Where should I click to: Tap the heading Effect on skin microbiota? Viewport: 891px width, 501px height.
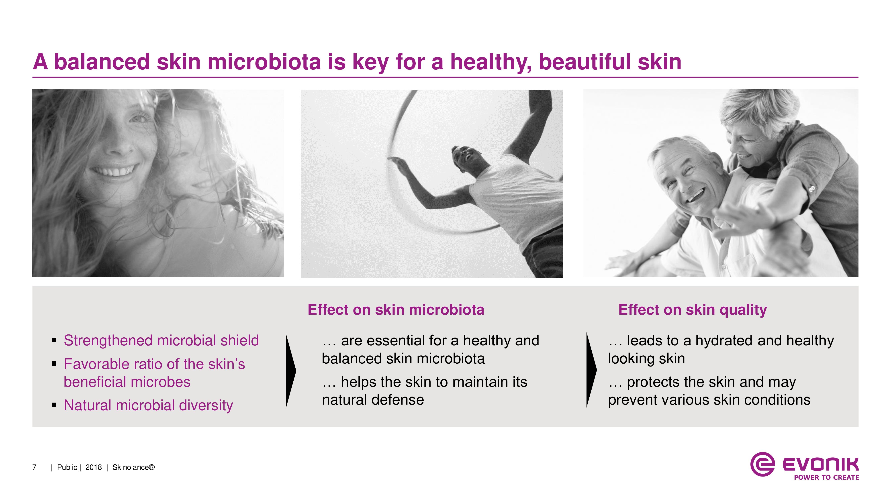click(x=396, y=310)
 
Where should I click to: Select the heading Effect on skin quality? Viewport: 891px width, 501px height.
click(x=693, y=310)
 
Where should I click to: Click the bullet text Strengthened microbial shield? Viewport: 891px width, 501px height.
click(x=161, y=341)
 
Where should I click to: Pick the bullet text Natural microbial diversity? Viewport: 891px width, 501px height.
click(x=148, y=405)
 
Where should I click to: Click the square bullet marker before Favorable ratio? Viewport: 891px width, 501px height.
click(x=54, y=364)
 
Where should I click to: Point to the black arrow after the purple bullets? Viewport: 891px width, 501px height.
click(x=291, y=371)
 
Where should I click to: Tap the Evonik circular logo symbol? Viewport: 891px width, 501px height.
click(x=762, y=464)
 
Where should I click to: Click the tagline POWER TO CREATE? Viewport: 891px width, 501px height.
click(x=826, y=477)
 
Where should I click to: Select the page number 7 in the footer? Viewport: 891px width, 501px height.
click(x=34, y=467)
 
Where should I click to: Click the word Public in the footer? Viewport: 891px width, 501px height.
click(x=67, y=467)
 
